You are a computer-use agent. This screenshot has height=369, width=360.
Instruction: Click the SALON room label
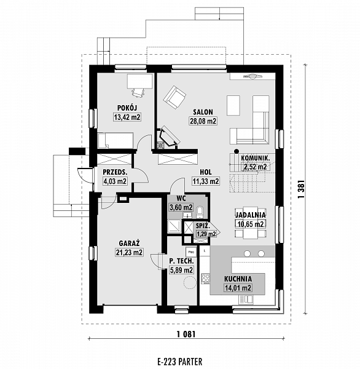coord(203,112)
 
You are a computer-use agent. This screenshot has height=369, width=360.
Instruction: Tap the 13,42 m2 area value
coord(127,117)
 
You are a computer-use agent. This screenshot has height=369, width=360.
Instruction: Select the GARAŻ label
coord(130,243)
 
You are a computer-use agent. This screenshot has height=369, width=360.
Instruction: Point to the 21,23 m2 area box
coord(130,252)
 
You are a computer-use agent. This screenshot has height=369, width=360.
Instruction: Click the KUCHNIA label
coord(238,279)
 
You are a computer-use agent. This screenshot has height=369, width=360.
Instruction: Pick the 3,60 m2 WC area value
coord(181,207)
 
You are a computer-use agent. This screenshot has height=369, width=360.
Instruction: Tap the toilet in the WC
coord(200,212)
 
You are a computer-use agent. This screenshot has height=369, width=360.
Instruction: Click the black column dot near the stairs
coord(237,151)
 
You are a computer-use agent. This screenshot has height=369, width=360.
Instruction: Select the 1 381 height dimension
coord(301,189)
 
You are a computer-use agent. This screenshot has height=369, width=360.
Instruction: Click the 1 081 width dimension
coord(186,334)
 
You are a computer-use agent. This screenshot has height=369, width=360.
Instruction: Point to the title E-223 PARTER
coord(180,362)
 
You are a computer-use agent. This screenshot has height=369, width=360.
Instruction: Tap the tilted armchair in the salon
coord(174,97)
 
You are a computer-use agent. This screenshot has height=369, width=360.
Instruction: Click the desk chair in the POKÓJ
coord(138,92)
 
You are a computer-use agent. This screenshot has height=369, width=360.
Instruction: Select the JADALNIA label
coord(251,215)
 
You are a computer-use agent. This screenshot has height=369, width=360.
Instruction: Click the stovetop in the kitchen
coord(205,279)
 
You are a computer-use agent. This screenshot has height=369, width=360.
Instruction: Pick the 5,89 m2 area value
coord(181,270)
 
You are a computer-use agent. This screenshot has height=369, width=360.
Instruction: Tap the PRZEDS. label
coord(115,172)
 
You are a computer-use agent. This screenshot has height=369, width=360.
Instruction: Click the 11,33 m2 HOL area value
coord(206,181)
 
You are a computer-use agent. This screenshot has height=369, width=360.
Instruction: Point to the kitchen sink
coord(246,300)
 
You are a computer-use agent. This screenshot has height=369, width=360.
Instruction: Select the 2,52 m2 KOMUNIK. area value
coord(256,167)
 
